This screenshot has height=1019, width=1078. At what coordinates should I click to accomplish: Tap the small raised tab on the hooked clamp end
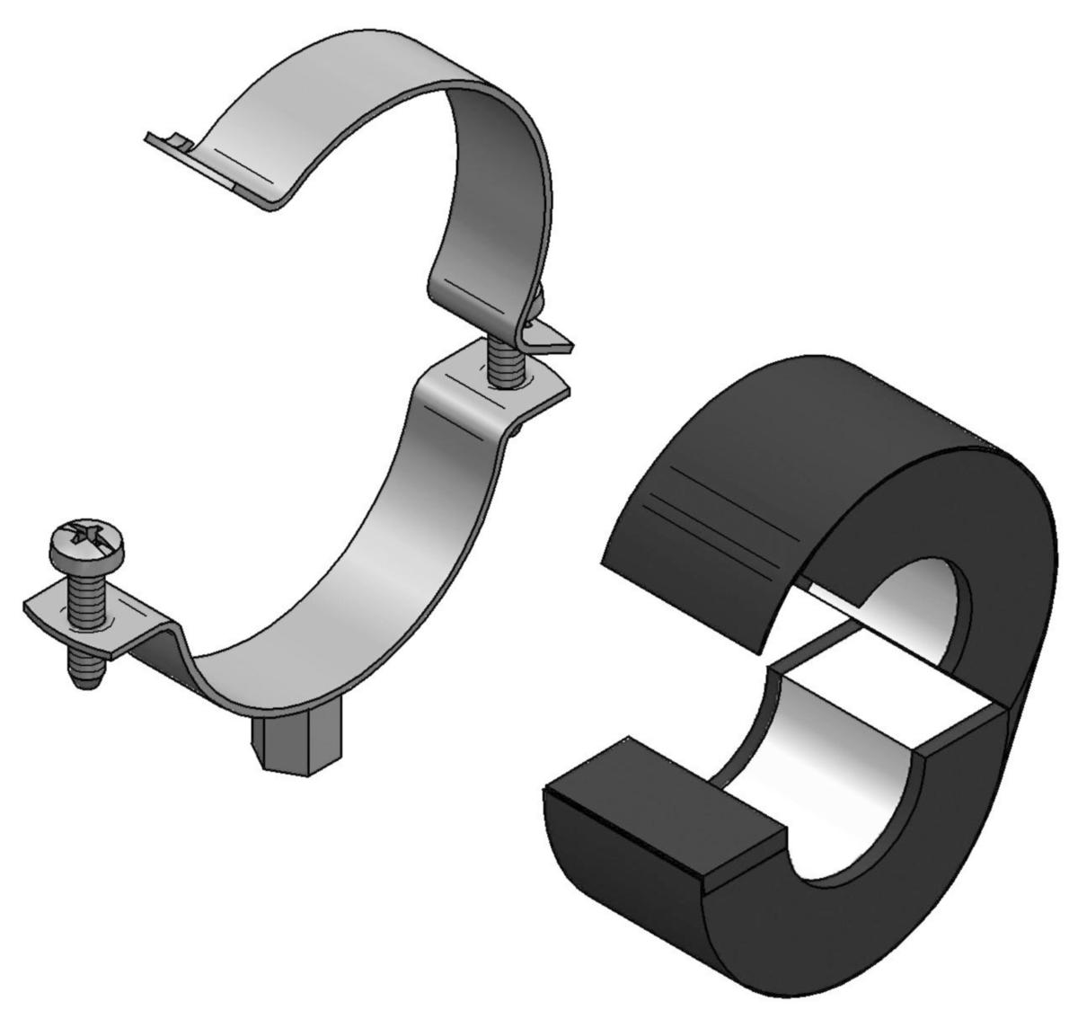(x=180, y=142)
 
